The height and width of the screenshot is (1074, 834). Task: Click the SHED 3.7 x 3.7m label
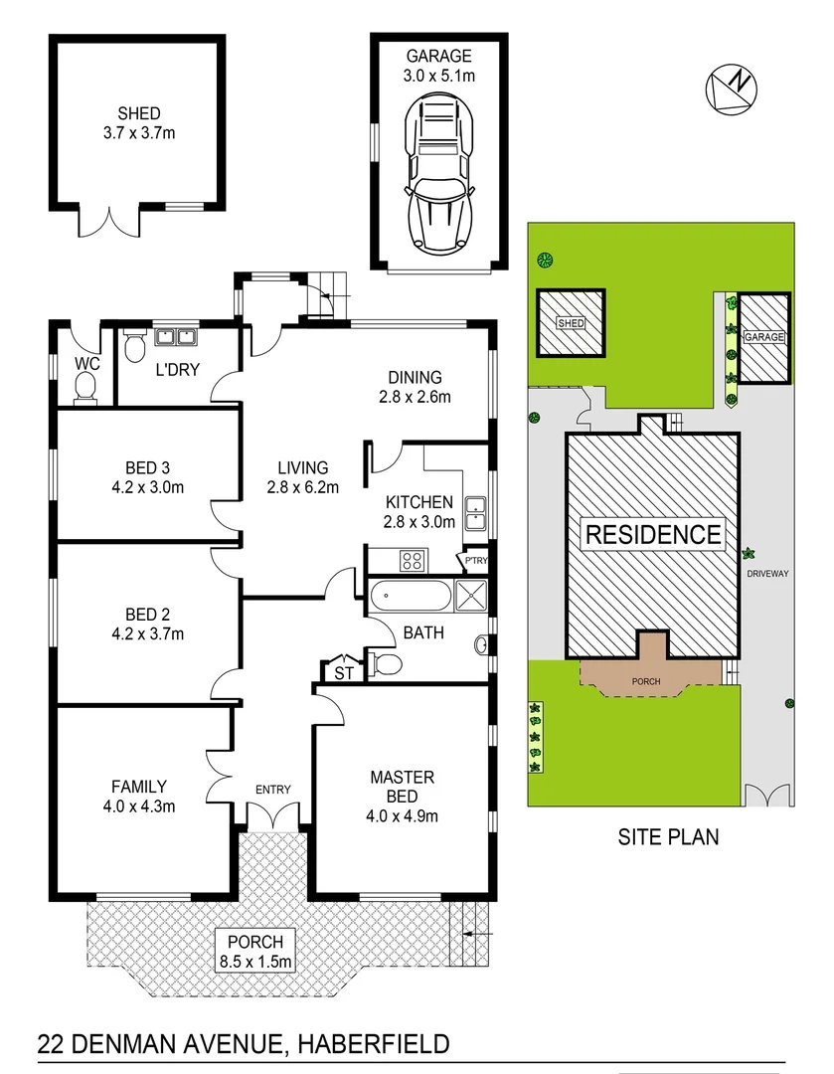click(x=138, y=122)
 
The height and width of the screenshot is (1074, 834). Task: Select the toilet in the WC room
click(x=86, y=387)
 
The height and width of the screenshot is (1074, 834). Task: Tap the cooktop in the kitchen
click(x=413, y=561)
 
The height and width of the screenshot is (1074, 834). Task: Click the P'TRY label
click(x=476, y=562)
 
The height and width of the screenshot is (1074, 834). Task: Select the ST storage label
click(x=344, y=673)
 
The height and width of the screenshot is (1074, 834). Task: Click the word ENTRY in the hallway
click(x=272, y=790)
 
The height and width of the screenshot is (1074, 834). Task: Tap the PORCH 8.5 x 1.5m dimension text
click(x=255, y=952)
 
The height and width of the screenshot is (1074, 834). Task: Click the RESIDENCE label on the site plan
click(x=653, y=534)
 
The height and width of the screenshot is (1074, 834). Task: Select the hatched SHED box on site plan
click(x=571, y=324)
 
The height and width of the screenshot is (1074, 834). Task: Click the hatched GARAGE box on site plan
click(x=764, y=337)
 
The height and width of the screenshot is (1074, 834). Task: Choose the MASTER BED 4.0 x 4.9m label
click(x=403, y=797)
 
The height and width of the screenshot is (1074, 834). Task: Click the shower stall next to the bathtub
click(x=470, y=598)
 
